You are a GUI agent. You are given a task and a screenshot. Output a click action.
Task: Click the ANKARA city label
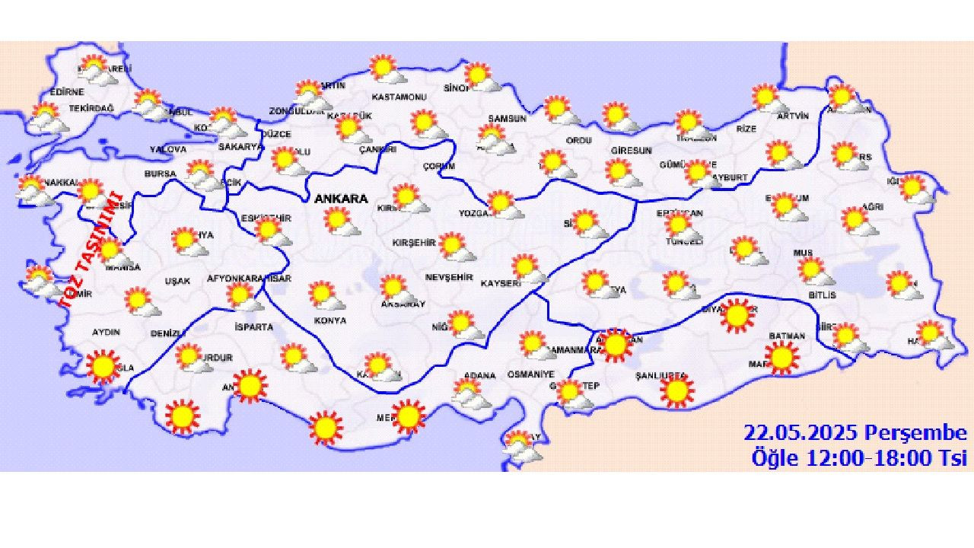point(340,199)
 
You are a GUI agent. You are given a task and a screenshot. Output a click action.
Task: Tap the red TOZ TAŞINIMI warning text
point(92,250)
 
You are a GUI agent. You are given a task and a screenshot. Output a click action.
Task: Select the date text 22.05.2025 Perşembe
point(855,434)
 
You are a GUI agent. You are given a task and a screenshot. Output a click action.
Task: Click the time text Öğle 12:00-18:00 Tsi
point(859,458)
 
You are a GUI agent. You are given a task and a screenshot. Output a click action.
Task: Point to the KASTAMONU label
point(399,97)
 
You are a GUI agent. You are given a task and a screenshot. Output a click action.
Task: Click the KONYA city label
point(329,320)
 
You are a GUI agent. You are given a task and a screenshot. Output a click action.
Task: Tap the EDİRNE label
point(67,92)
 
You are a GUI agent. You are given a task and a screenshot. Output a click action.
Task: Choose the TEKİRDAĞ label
point(91,109)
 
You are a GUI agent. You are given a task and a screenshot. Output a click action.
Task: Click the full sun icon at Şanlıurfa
point(676,390)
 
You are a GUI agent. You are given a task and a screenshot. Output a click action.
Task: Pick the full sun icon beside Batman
point(781,356)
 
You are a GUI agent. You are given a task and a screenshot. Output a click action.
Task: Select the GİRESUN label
point(631,151)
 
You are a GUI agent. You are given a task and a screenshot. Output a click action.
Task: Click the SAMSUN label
point(508,119)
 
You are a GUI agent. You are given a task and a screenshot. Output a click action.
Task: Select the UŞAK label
point(177,281)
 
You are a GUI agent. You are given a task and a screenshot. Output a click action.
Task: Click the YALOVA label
point(167,149)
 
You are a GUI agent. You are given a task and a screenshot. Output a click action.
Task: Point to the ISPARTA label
point(255,327)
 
